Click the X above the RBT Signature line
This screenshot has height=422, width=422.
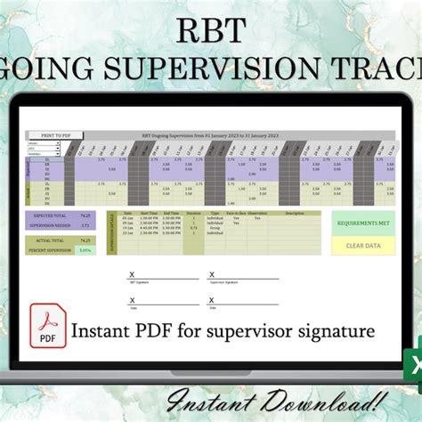[x=133, y=275]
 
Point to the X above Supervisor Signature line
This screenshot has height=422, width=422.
[x=210, y=275]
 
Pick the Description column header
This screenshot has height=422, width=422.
[x=294, y=213]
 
